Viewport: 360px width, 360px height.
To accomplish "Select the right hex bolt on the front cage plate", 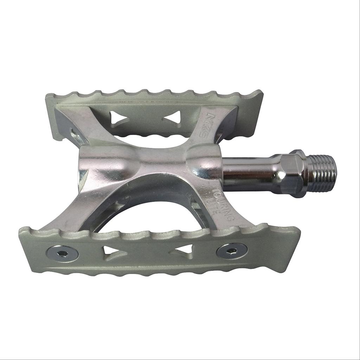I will (232, 250).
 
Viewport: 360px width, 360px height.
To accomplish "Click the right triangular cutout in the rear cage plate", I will (173, 117).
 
